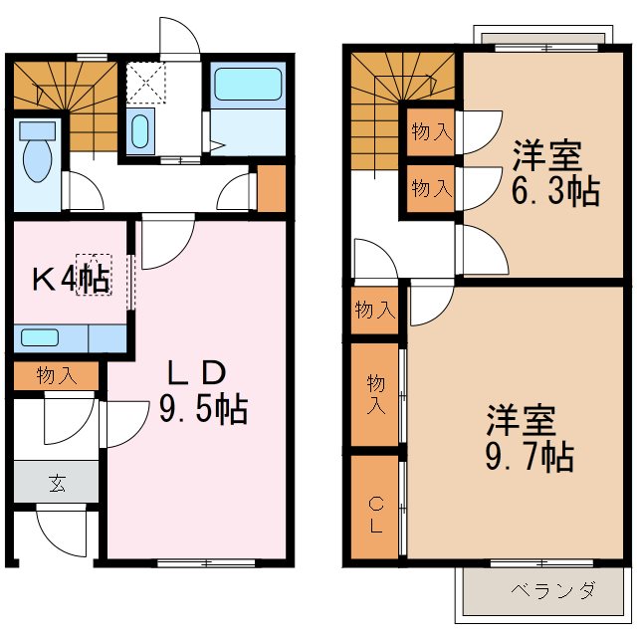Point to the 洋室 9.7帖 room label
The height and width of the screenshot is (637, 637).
tap(528, 438)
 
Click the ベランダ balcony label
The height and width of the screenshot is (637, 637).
tap(553, 591)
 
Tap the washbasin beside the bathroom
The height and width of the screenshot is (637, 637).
tap(140, 130)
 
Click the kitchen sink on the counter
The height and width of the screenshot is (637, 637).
tap(41, 337)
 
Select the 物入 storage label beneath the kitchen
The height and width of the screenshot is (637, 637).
tap(56, 375)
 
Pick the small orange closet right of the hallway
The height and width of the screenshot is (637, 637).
tap(272, 188)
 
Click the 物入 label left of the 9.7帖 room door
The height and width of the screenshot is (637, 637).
tap(374, 311)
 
